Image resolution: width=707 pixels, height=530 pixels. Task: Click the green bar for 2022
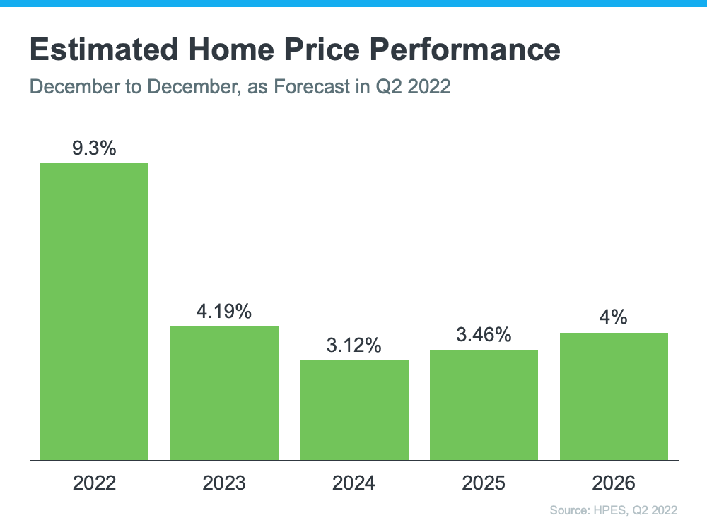94,312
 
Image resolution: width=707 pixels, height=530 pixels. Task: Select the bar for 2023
224,393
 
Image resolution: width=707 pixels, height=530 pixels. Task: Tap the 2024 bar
354,410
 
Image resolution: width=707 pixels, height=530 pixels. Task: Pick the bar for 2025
484,405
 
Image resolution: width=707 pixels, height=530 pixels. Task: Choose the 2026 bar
614,396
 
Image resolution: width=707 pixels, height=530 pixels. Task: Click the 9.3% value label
94,148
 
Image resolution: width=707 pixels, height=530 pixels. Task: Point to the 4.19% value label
224,312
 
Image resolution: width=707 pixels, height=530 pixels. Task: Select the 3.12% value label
354,346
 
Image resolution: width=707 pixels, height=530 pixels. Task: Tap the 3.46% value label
484,334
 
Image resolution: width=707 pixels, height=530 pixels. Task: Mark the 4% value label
614,317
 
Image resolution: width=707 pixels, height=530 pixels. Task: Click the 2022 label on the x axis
94,483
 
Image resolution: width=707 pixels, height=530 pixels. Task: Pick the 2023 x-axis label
224,483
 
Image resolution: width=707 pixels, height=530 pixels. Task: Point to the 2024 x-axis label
354,483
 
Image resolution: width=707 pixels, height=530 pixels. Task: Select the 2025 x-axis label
484,483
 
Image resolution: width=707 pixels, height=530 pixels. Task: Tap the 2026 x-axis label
614,483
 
